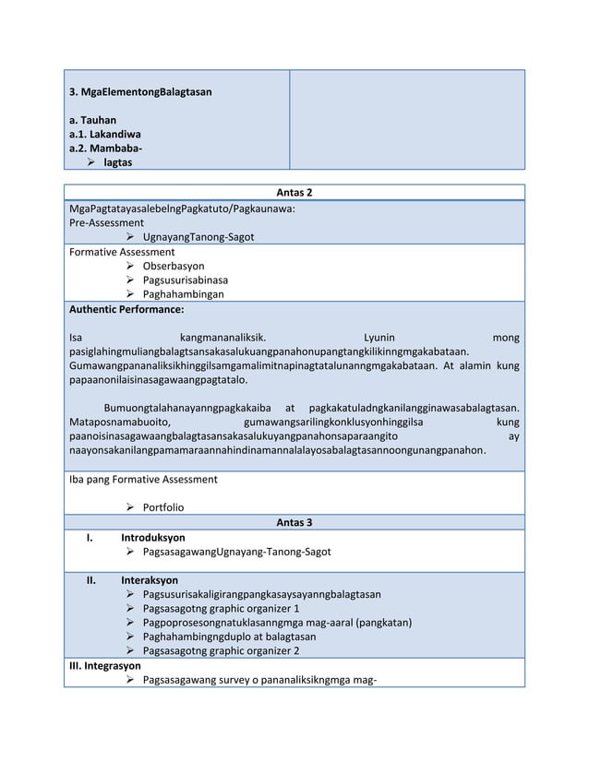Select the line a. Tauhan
[92, 121]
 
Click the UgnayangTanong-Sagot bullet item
[198, 237]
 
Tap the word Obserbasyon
[174, 266]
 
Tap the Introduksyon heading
[152, 537]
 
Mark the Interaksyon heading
[150, 580]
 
